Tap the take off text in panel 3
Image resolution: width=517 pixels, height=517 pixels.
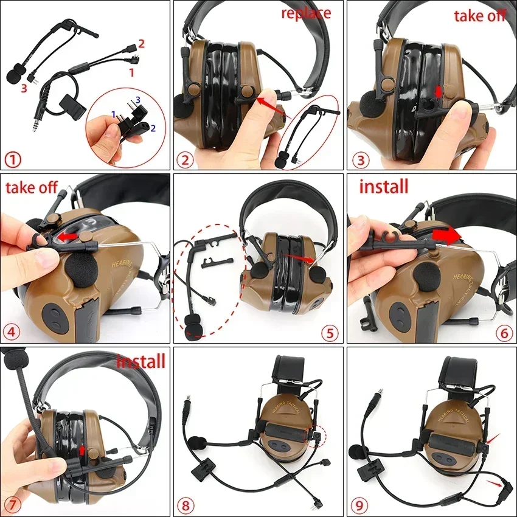coord(480,15)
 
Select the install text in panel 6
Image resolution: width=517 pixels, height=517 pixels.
coord(384,186)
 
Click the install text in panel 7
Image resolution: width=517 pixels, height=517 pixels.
coord(141,361)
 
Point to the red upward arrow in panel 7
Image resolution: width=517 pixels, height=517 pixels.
coord(83,451)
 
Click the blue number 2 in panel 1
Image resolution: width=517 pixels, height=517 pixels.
coord(153,128)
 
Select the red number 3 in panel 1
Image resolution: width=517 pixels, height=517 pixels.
coord(24,89)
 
